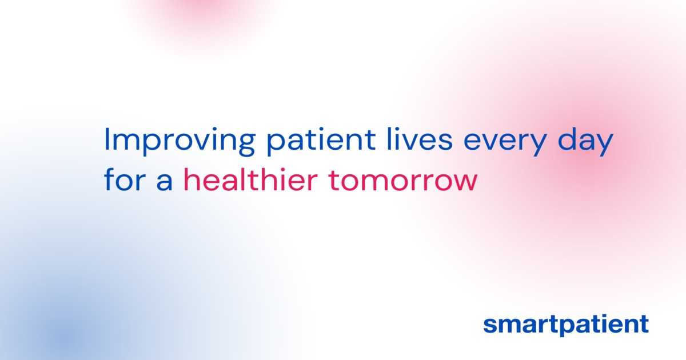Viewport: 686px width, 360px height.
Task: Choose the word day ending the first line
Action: tap(587, 141)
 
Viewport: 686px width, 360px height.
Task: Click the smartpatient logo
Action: tap(565, 324)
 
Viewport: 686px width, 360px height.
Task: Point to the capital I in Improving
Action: tap(107, 140)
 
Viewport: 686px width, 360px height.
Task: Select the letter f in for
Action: tap(109, 180)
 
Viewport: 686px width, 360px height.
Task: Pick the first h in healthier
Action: tap(190, 180)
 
